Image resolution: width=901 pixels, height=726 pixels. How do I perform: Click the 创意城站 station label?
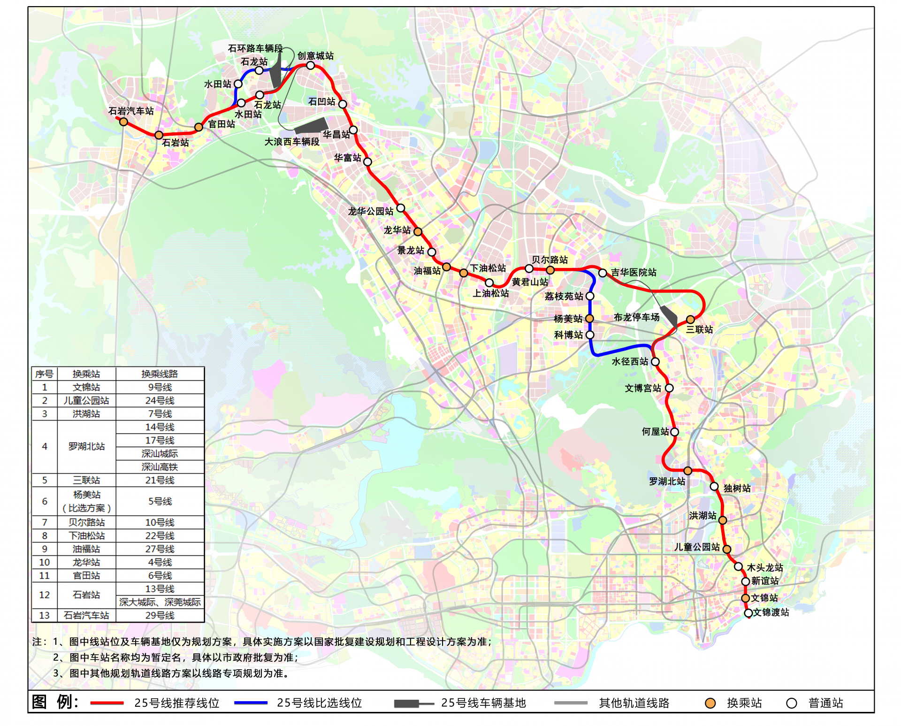click(x=315, y=56)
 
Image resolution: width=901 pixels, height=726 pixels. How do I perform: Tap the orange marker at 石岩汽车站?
click(x=123, y=122)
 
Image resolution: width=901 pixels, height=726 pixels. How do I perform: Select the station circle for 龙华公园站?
click(x=400, y=208)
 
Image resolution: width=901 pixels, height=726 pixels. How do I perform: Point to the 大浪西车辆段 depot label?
click(x=291, y=142)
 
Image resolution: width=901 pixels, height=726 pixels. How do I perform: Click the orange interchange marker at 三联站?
click(x=690, y=320)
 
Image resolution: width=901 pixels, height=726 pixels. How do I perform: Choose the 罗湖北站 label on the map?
click(x=667, y=481)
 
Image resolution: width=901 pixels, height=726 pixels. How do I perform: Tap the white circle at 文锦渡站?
click(x=748, y=613)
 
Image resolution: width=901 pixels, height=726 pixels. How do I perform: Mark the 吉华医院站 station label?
click(x=634, y=272)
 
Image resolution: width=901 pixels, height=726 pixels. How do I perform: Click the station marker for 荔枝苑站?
click(x=590, y=296)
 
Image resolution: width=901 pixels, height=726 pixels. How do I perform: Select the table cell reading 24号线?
click(x=160, y=400)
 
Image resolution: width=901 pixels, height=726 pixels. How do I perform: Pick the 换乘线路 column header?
click(x=160, y=374)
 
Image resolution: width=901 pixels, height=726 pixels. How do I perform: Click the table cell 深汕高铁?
click(x=160, y=467)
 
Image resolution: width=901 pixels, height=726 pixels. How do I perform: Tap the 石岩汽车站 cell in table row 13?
click(x=86, y=615)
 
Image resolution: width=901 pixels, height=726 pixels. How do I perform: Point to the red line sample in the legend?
click(x=107, y=703)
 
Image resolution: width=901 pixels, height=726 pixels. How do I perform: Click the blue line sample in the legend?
click(x=251, y=703)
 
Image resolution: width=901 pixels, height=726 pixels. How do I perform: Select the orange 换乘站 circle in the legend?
click(x=710, y=703)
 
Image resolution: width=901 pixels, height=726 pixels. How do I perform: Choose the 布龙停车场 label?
click(x=636, y=317)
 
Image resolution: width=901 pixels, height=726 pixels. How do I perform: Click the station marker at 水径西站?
click(x=655, y=362)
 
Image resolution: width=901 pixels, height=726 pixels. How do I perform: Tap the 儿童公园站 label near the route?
click(x=697, y=547)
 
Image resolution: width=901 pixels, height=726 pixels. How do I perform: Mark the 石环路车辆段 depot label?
click(x=255, y=48)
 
